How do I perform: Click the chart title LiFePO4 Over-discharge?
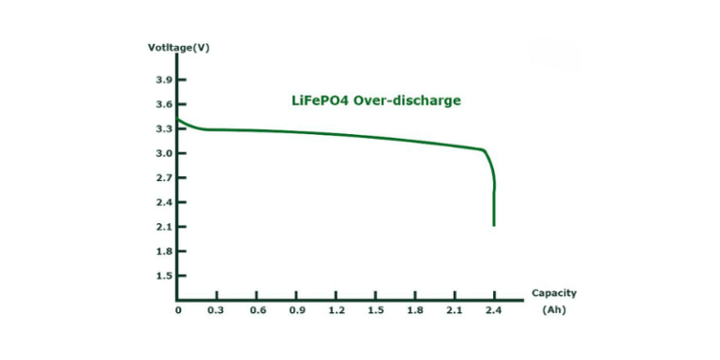[x=373, y=99]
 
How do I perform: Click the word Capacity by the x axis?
[x=554, y=292]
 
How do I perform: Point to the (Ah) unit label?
[x=554, y=309]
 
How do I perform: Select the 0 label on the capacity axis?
[x=178, y=310]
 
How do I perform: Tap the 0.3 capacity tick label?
[x=217, y=310]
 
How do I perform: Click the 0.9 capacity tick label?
[x=296, y=310]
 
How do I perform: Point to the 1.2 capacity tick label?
[x=336, y=310]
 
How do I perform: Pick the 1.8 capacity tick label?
[x=414, y=310]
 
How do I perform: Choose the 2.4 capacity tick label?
[x=493, y=310]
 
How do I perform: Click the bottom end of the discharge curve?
[x=493, y=225]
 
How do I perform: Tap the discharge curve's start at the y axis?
[x=179, y=119]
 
